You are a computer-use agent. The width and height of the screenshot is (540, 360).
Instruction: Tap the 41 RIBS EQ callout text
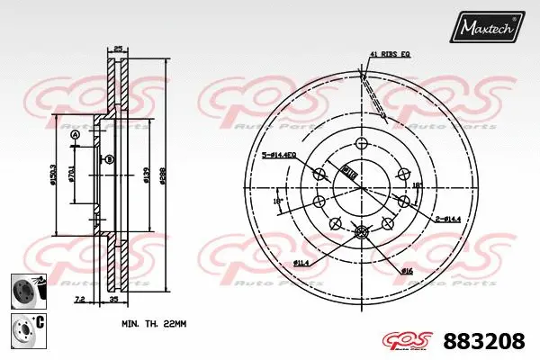[x=391, y=55]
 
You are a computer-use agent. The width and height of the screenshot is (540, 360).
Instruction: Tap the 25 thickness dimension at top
[x=117, y=49]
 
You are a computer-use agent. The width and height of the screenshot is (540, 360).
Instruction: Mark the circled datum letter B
[x=109, y=159]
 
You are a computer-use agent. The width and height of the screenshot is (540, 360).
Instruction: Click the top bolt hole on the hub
[x=361, y=145]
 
